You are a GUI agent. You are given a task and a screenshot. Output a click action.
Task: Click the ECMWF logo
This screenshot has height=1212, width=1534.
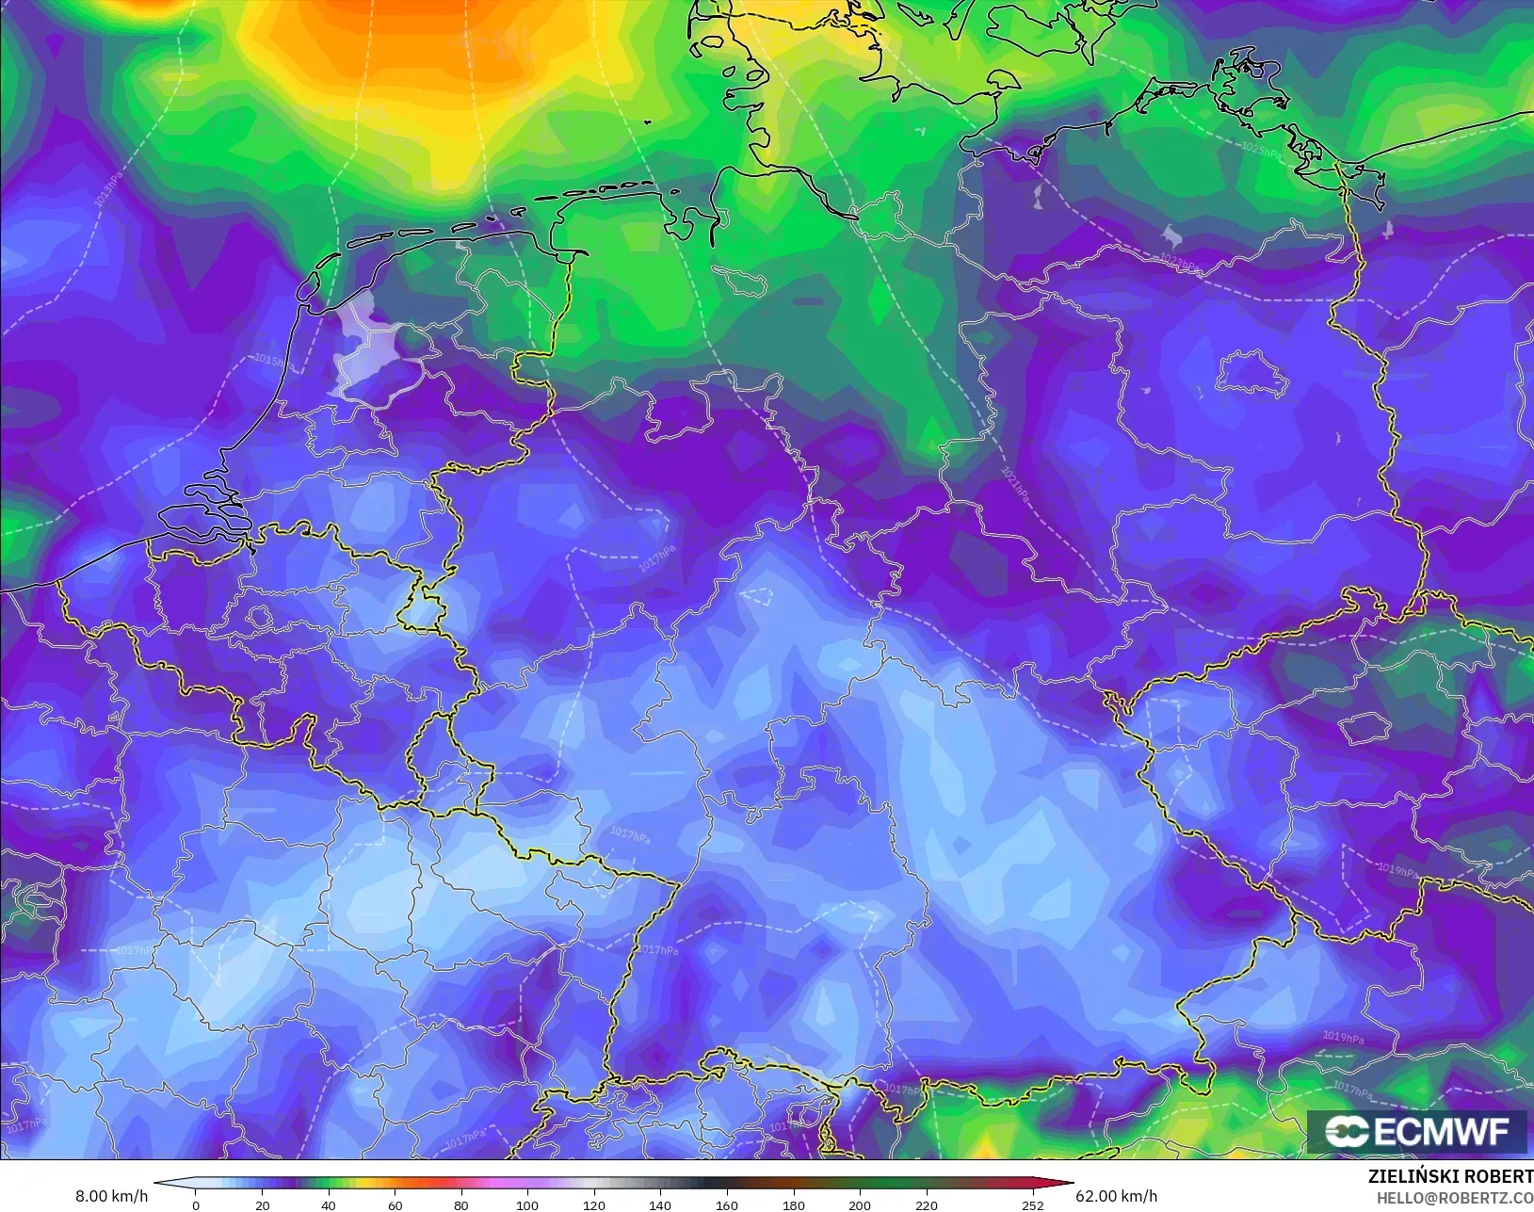(x=1416, y=1131)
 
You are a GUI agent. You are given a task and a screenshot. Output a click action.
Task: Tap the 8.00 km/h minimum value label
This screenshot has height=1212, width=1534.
(x=111, y=1196)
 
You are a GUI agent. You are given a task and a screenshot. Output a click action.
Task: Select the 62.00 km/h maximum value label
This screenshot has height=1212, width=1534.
(x=1116, y=1196)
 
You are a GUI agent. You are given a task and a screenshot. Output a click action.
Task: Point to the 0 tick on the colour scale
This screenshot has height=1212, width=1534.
(x=196, y=1204)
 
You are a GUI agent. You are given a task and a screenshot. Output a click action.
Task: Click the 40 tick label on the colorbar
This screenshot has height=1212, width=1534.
(x=328, y=1204)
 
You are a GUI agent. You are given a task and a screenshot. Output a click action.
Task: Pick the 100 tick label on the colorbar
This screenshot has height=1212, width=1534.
(x=527, y=1204)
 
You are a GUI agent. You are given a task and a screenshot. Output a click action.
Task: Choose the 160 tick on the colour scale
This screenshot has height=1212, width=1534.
(x=726, y=1204)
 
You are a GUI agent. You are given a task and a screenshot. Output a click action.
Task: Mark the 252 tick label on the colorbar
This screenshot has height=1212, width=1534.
(x=1033, y=1204)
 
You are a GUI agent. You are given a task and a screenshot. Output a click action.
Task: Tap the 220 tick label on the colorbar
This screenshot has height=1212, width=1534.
(x=927, y=1204)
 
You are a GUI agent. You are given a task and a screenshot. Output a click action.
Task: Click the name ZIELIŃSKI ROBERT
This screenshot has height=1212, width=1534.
(x=1450, y=1176)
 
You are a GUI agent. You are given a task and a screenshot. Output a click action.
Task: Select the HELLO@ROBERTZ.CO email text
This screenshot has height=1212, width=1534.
(x=1455, y=1198)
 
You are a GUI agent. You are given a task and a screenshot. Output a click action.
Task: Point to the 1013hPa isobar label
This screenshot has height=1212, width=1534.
(x=108, y=188)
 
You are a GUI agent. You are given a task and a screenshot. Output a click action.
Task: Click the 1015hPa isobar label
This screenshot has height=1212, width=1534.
(x=272, y=361)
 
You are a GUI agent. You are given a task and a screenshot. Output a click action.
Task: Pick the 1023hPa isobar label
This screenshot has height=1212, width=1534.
(x=1179, y=264)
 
